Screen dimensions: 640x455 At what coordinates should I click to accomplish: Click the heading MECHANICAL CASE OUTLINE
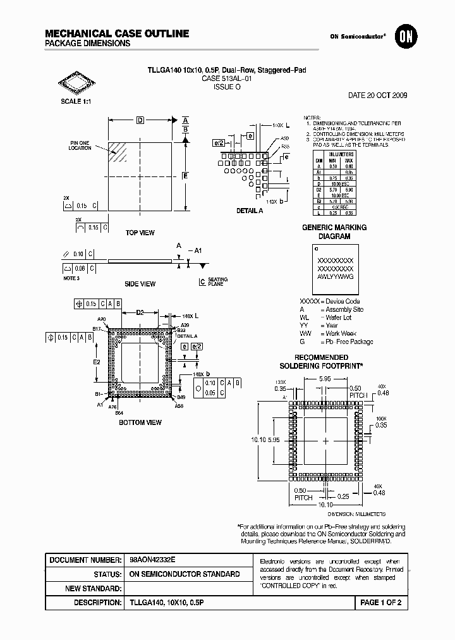(117, 34)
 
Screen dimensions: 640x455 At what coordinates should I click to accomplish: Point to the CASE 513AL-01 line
(227, 80)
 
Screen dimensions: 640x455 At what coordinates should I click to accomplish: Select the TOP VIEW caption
(140, 233)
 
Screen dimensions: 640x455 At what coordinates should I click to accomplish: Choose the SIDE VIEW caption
(140, 284)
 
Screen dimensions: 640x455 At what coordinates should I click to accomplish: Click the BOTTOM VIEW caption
(140, 422)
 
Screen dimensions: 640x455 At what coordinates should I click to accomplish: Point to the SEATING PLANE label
(217, 282)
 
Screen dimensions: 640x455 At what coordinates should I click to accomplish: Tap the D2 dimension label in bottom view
(140, 312)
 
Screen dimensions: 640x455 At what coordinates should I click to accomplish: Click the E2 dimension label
(97, 362)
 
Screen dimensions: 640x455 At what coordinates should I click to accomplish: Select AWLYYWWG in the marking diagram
(335, 277)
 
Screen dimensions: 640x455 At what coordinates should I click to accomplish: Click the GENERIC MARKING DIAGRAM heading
(334, 231)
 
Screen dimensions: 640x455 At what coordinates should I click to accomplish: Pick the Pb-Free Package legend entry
(349, 342)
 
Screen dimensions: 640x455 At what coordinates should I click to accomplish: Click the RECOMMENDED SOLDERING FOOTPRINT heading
(321, 362)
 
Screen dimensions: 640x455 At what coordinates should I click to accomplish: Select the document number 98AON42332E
(152, 560)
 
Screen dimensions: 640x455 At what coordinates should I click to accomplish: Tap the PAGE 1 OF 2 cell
(380, 603)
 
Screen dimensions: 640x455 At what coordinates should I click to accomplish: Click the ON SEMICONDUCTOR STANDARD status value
(185, 574)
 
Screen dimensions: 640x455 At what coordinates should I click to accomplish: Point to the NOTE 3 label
(71, 278)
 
